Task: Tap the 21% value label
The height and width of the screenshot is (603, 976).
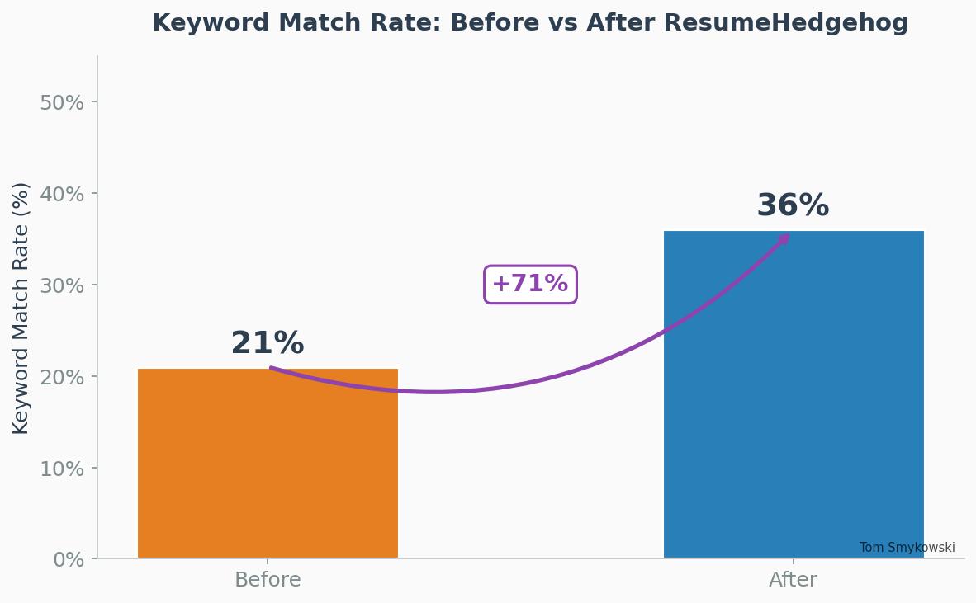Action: click(268, 343)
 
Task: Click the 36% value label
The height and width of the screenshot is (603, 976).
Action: click(793, 205)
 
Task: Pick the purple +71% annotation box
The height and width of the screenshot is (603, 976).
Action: click(530, 285)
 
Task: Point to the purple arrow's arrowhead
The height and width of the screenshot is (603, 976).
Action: click(785, 238)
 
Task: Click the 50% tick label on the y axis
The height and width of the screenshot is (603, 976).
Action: click(62, 102)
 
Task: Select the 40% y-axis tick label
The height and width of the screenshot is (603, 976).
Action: click(62, 194)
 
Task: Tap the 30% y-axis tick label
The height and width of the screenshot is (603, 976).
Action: click(62, 285)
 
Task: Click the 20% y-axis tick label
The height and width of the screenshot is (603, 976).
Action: click(62, 377)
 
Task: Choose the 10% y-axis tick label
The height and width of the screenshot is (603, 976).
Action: click(62, 469)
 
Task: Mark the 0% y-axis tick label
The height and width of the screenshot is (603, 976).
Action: click(69, 560)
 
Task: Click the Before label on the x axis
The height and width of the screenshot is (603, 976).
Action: click(268, 580)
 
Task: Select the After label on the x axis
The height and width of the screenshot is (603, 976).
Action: click(793, 580)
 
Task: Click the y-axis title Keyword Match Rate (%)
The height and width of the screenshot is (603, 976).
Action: click(21, 308)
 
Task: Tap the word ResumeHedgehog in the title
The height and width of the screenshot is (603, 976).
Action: click(785, 23)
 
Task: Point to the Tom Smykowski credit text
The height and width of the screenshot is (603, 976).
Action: click(907, 548)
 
